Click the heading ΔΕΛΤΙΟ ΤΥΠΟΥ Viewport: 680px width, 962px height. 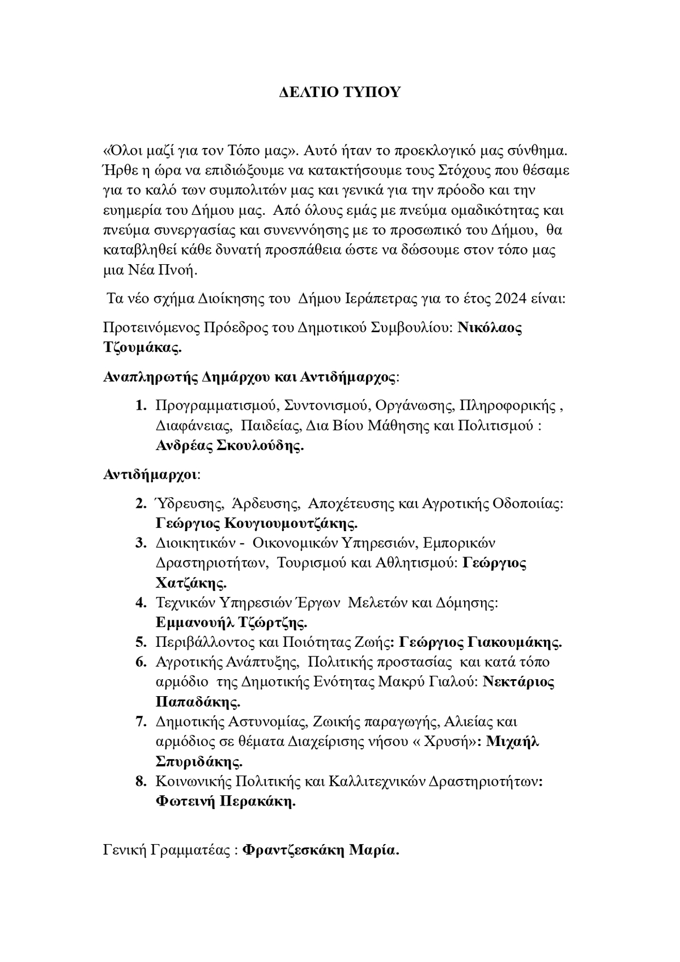coord(340,92)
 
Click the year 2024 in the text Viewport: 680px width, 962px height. coord(511,298)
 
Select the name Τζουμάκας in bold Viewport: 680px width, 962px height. coord(142,347)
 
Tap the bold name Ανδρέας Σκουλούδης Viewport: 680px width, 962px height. coord(229,446)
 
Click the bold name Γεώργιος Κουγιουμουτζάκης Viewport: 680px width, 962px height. coord(257,522)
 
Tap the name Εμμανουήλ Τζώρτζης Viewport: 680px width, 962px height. coord(231,622)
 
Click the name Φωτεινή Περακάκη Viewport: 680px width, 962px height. coord(226,801)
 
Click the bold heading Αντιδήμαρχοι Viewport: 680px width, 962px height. coord(151,474)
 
